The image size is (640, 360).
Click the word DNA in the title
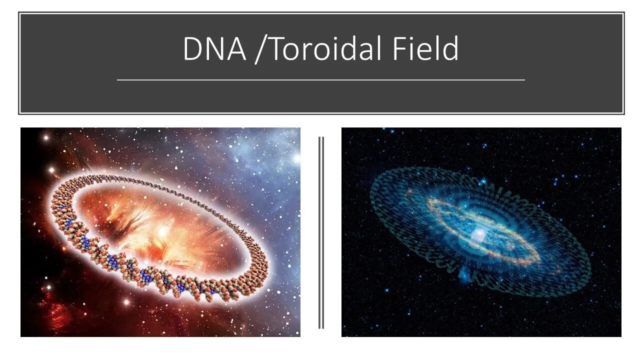214,49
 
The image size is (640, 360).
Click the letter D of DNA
192,49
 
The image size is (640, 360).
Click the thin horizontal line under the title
320,79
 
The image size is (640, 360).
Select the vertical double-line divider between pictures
321,232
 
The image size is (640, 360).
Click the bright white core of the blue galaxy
478,233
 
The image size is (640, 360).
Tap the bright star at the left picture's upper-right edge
295,159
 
